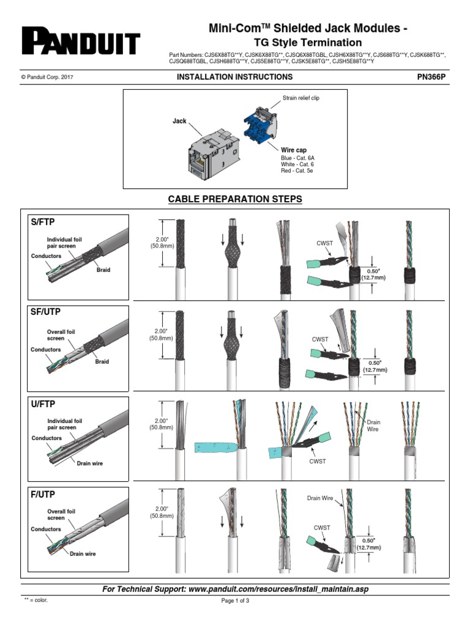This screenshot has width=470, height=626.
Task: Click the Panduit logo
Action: (x=81, y=42)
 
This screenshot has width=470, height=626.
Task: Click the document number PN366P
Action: (x=431, y=77)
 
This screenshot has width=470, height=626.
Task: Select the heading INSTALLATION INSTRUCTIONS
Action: (x=234, y=77)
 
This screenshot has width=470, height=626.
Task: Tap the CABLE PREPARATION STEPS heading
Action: (x=235, y=200)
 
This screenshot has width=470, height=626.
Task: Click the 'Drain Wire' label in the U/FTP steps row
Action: (x=373, y=425)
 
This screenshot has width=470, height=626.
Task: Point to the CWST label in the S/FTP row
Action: (x=325, y=243)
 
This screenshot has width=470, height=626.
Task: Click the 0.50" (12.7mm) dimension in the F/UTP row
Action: (x=371, y=544)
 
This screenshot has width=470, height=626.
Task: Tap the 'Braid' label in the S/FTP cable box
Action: (x=103, y=270)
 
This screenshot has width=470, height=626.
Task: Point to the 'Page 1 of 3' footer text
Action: (x=235, y=600)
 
